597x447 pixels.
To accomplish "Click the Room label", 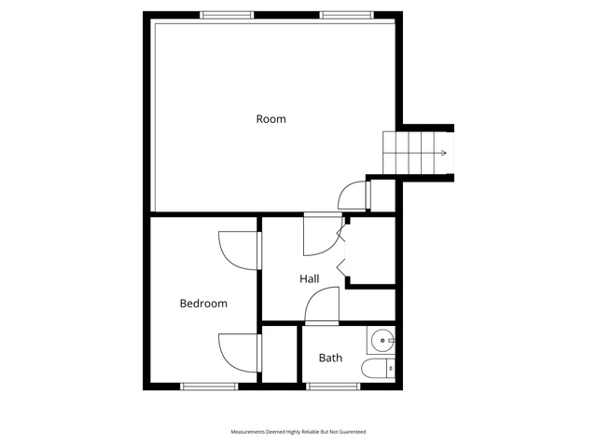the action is [x=271, y=119].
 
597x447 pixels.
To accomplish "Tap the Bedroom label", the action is [x=203, y=304].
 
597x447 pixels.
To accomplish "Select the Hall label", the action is [x=309, y=279].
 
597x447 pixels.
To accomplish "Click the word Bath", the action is [x=330, y=358].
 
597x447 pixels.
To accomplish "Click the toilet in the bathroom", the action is [x=378, y=368].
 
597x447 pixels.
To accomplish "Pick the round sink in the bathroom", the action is [x=382, y=340].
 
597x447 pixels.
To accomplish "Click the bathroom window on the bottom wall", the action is [x=333, y=386].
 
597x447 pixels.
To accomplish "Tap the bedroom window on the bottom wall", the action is [x=209, y=386].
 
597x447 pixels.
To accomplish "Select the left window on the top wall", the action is [x=227, y=15].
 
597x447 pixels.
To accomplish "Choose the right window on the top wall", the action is [x=346, y=15].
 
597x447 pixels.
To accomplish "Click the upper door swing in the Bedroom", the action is [x=240, y=251].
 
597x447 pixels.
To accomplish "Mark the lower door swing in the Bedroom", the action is [x=240, y=353].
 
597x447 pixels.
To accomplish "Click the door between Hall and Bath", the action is [x=322, y=306].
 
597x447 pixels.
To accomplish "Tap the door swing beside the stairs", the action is [x=354, y=196].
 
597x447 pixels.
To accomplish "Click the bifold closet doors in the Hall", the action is [x=341, y=251].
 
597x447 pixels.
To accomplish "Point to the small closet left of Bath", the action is [x=280, y=354].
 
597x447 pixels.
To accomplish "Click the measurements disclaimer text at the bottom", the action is [x=298, y=432].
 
